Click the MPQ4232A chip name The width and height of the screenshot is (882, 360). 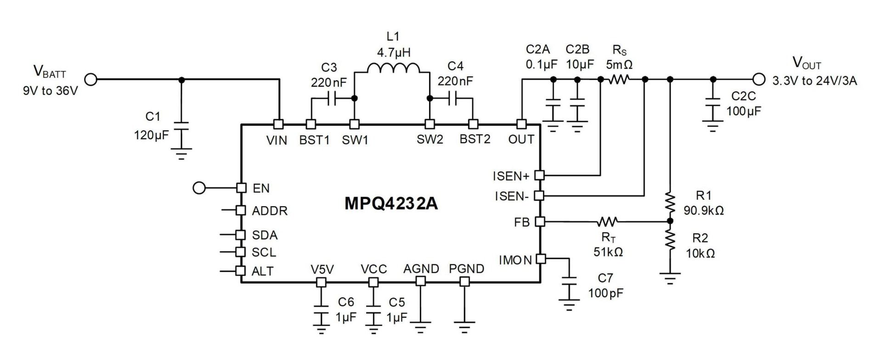tap(391, 203)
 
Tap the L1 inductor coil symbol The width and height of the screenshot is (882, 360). tap(393, 69)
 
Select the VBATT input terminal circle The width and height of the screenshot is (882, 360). tap(91, 79)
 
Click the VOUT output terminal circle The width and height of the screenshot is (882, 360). tap(759, 79)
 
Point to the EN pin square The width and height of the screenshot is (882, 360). tap(241, 187)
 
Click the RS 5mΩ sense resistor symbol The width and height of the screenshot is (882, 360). tap(619, 79)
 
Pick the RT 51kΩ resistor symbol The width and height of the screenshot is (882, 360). tap(607, 222)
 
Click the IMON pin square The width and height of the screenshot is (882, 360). tap(541, 259)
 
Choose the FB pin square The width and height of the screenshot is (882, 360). tap(540, 222)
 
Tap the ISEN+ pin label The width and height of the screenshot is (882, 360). tap(511, 176)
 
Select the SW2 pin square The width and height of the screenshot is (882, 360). tap(429, 124)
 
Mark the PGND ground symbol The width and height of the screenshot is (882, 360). tap(465, 327)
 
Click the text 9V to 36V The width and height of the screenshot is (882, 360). tap(51, 91)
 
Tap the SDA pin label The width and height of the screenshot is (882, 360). tap(265, 235)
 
